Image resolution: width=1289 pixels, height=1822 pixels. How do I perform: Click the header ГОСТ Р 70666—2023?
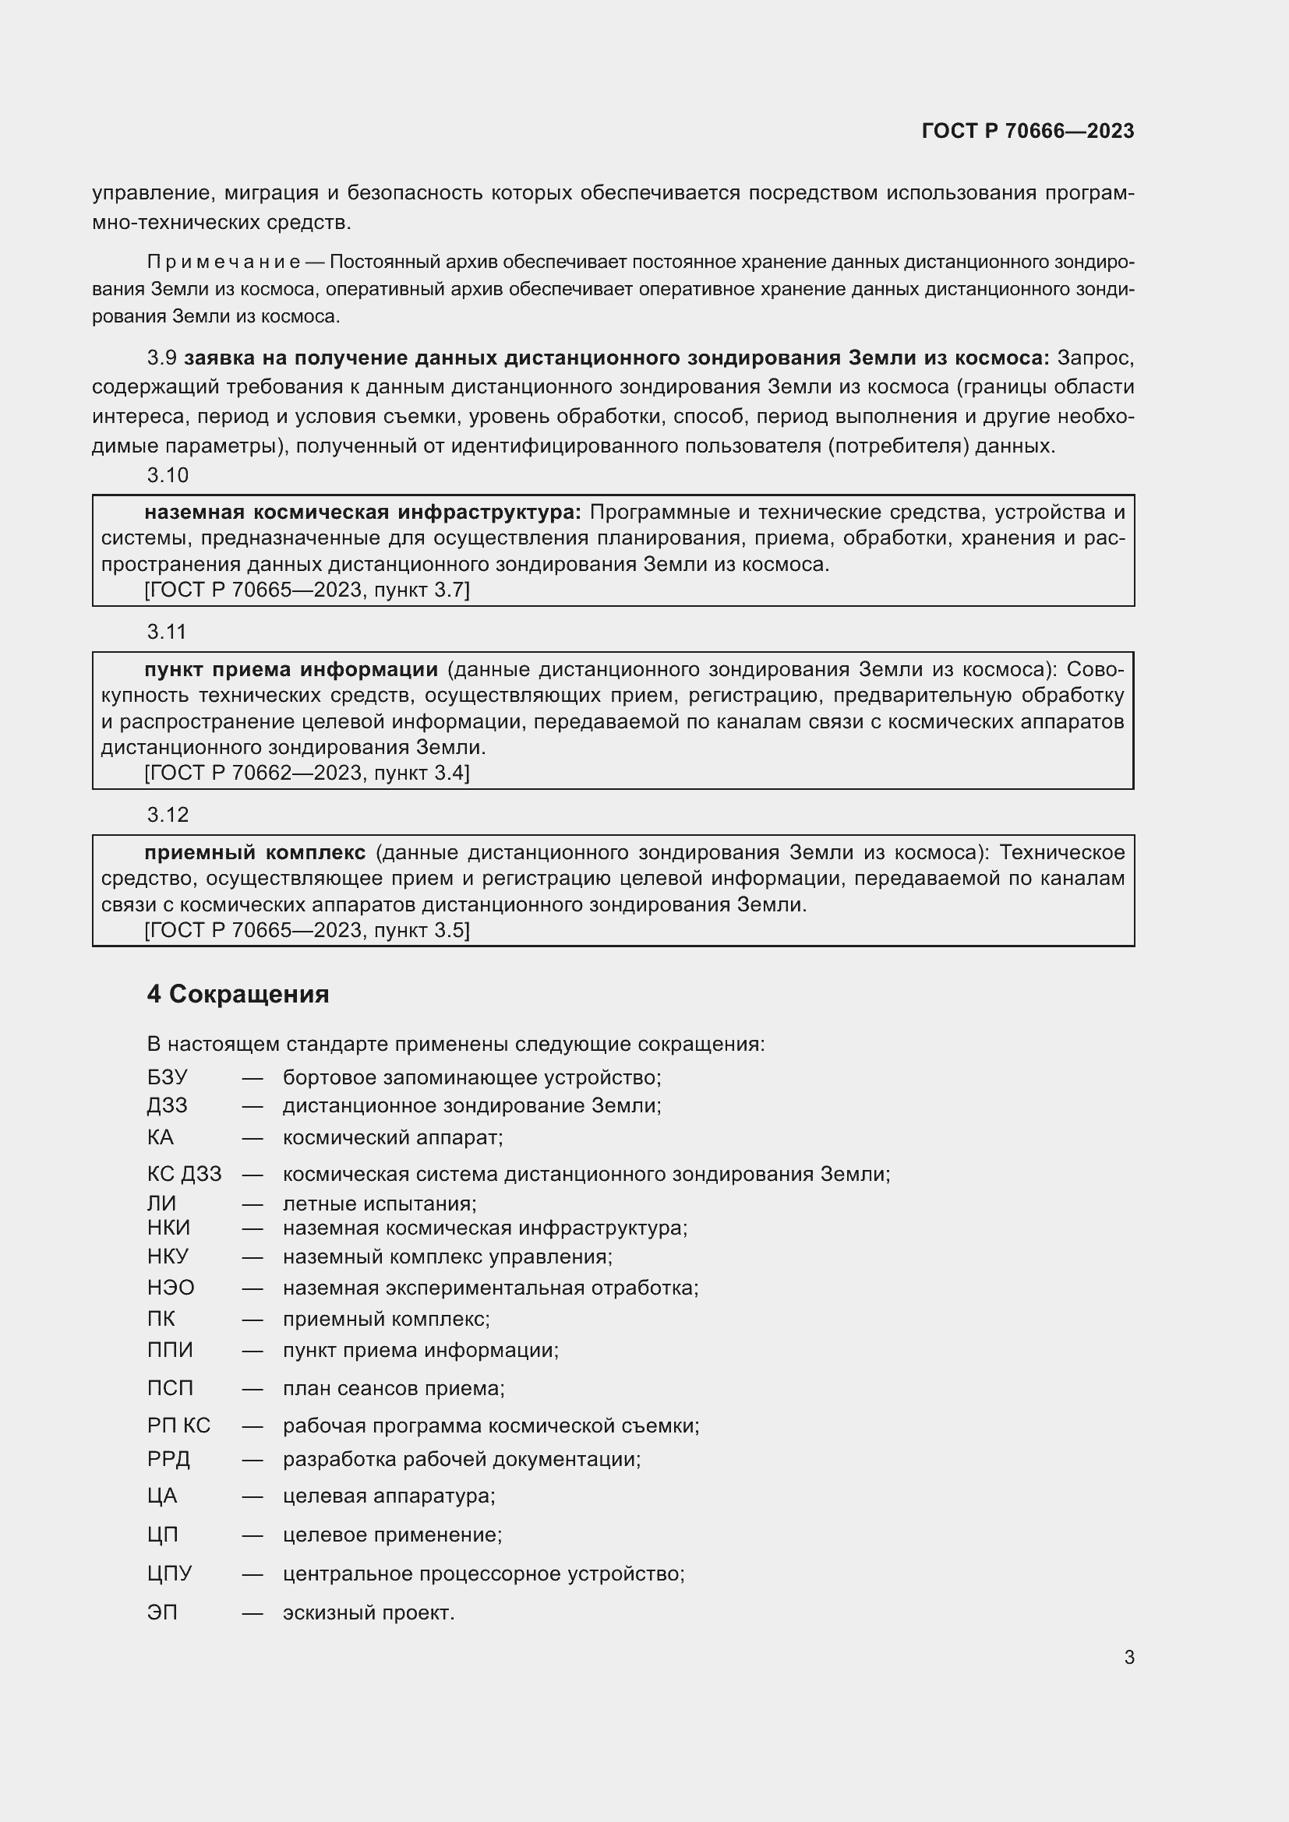pyautogui.click(x=1027, y=131)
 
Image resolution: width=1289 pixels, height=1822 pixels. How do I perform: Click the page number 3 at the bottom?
pyautogui.click(x=1128, y=1656)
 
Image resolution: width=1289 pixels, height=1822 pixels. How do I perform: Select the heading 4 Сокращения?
pyautogui.click(x=238, y=993)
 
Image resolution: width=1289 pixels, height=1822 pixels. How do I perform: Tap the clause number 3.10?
pyautogui.click(x=168, y=475)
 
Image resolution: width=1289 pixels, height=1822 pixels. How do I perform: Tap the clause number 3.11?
pyautogui.click(x=167, y=632)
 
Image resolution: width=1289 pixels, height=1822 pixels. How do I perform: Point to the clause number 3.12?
pyautogui.click(x=168, y=815)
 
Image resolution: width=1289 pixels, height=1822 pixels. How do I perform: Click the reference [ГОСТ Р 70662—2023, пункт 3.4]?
pyautogui.click(x=306, y=773)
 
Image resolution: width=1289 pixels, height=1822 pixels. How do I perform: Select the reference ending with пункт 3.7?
pyautogui.click(x=306, y=590)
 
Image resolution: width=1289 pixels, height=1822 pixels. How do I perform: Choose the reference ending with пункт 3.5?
pyautogui.click(x=306, y=930)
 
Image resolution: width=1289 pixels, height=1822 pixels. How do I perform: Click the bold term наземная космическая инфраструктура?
pyautogui.click(x=362, y=513)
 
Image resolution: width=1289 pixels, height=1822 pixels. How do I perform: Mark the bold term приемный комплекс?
pyautogui.click(x=254, y=853)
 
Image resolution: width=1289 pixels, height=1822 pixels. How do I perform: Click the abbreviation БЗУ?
pyautogui.click(x=167, y=1077)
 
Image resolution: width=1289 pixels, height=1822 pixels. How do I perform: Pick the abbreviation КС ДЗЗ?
pyautogui.click(x=184, y=1174)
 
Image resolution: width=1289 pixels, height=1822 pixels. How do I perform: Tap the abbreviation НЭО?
pyautogui.click(x=170, y=1287)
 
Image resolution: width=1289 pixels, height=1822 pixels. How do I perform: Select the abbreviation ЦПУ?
pyautogui.click(x=169, y=1573)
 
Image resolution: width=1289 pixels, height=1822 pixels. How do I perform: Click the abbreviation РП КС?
pyautogui.click(x=178, y=1426)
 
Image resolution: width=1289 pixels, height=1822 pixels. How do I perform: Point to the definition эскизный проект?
pyautogui.click(x=369, y=1612)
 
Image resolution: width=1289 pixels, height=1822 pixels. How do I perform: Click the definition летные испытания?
pyautogui.click(x=380, y=1204)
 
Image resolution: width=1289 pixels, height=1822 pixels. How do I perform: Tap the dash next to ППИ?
pyautogui.click(x=253, y=1350)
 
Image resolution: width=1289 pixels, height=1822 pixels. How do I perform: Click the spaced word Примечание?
pyautogui.click(x=223, y=262)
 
